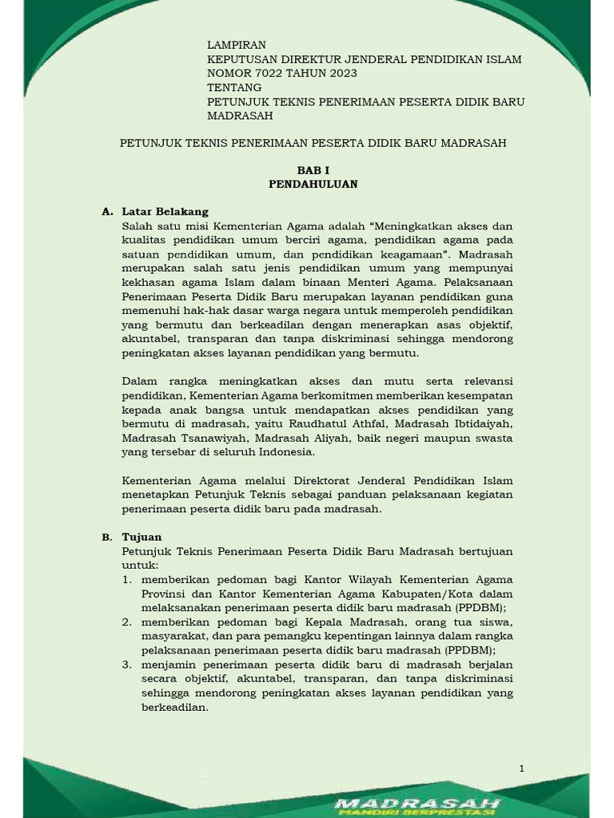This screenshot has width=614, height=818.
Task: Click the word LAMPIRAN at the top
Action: (236, 46)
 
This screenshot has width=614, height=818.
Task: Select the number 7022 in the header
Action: (270, 73)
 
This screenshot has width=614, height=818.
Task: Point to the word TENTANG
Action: (234, 87)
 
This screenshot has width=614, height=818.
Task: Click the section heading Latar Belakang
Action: (165, 212)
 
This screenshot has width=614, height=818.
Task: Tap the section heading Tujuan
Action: (142, 537)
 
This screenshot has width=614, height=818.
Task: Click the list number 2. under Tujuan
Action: (127, 621)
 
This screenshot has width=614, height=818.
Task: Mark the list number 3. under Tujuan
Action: (127, 665)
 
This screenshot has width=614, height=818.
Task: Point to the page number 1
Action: (521, 768)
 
